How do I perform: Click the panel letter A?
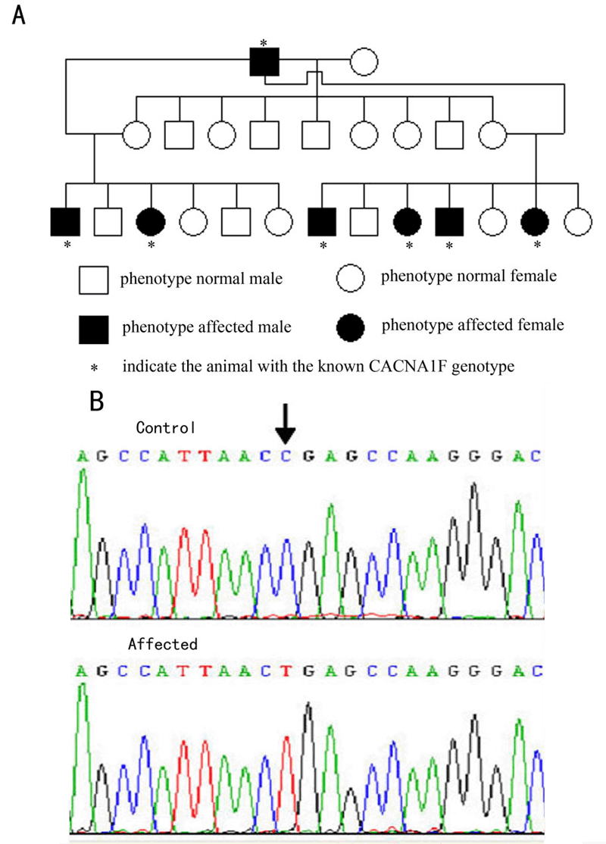(x=19, y=16)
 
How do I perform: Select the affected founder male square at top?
(x=264, y=61)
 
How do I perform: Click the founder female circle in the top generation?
(x=364, y=61)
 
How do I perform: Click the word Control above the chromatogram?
(x=166, y=427)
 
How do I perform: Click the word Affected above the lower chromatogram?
(x=162, y=645)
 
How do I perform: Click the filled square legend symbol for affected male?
(x=93, y=327)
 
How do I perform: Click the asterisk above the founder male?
(x=263, y=42)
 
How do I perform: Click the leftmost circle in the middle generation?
(x=136, y=136)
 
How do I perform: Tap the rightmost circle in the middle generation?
(x=492, y=136)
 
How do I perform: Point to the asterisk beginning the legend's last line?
(x=94, y=368)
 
